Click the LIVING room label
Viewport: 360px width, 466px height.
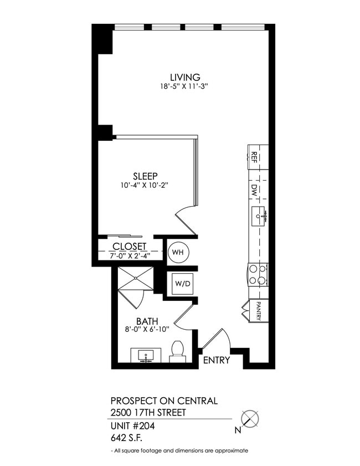[x=184, y=77]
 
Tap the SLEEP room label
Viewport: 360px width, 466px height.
[x=142, y=176]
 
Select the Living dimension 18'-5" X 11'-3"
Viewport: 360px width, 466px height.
[x=184, y=86]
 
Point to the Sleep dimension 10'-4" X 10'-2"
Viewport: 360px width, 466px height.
[x=142, y=186]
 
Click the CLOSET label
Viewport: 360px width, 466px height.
[x=129, y=247]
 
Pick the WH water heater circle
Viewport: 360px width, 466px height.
[x=178, y=253]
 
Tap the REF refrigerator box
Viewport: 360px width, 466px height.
[x=257, y=157]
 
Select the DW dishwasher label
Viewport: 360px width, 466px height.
[x=254, y=190]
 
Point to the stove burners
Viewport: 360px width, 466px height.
[x=258, y=274]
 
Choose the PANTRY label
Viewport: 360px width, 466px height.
[x=259, y=311]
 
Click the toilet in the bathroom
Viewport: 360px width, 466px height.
[x=177, y=351]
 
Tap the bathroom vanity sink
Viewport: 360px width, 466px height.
[x=146, y=355]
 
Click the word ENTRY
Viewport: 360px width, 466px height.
[x=217, y=361]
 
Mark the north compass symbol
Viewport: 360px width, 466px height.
[x=251, y=418]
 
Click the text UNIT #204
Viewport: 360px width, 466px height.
[x=132, y=426]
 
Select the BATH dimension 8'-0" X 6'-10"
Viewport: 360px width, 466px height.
[x=147, y=329]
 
